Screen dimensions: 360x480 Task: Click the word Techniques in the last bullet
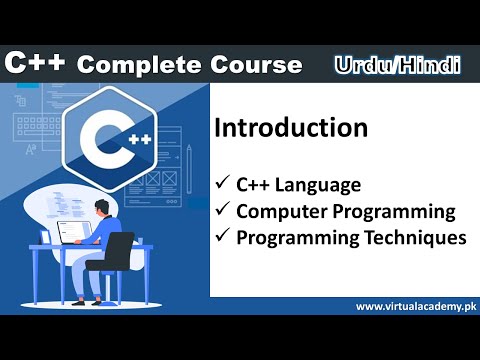(418, 238)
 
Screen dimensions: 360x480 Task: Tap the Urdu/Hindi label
(397, 65)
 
